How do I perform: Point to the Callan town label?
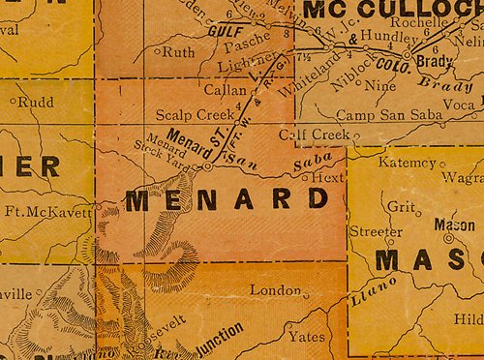(x=222, y=88)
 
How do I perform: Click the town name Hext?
(x=329, y=178)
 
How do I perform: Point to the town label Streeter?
(x=375, y=232)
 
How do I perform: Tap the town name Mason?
(x=454, y=225)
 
